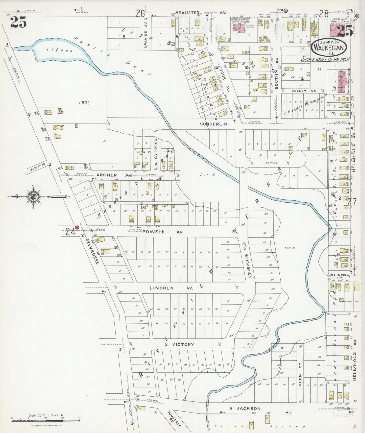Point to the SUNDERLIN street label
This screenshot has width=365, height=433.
coord(214,124)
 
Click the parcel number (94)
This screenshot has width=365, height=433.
coord(84,103)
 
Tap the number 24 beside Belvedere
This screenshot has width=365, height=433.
coord(70,232)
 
